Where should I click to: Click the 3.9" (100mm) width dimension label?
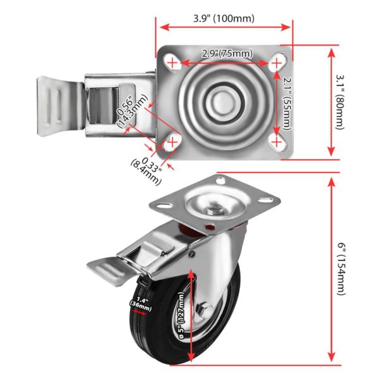click(x=224, y=18)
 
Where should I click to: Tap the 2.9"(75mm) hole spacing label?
click(x=227, y=54)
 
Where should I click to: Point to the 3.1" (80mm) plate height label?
click(x=340, y=102)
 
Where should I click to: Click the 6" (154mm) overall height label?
click(x=342, y=269)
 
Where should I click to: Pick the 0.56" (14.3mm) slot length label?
click(x=132, y=111)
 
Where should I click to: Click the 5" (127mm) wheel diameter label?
click(x=181, y=315)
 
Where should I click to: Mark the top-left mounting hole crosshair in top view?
click(x=172, y=63)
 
